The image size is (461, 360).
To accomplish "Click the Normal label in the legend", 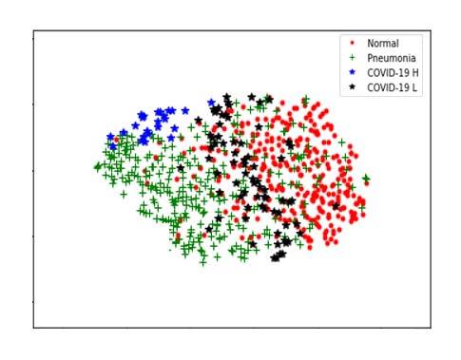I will [383, 43].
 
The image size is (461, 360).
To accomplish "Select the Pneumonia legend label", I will [391, 58].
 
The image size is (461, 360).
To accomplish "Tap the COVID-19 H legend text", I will [392, 72].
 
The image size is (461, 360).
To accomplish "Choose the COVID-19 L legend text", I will [392, 87].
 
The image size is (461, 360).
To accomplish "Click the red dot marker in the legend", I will [353, 43].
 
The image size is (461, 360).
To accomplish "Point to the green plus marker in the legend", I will [353, 58].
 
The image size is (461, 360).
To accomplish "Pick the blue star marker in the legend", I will [353, 72].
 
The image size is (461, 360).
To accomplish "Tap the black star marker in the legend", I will [353, 87].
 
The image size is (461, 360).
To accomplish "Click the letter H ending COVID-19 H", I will [414, 72].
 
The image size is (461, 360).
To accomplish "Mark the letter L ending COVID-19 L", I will [414, 87].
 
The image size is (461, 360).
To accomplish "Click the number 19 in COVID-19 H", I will [403, 72].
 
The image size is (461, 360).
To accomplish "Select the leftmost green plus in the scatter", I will [97, 167].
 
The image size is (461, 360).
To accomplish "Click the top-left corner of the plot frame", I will [34, 30].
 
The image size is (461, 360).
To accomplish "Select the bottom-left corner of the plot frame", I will [34, 328].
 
